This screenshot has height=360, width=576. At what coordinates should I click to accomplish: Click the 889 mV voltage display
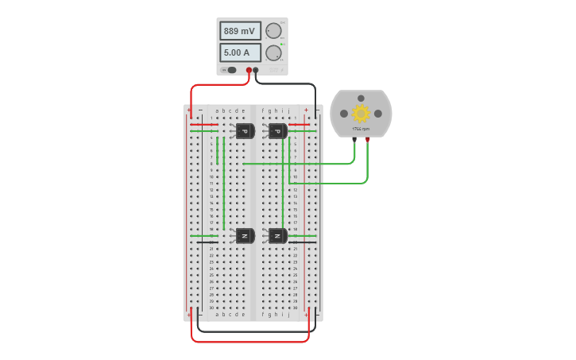tap(239, 31)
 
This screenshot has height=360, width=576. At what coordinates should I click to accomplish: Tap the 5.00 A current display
tap(239, 53)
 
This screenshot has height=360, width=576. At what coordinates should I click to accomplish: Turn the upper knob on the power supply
tap(273, 31)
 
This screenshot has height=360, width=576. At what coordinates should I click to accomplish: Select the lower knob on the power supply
tap(273, 53)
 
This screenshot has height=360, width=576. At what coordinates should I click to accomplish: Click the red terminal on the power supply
tap(249, 71)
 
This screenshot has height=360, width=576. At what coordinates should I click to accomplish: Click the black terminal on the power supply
tap(256, 71)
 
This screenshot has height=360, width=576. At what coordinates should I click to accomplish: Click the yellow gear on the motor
tap(361, 113)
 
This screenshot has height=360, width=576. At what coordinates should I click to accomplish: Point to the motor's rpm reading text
tap(361, 128)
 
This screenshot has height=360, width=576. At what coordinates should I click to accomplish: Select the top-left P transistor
tap(245, 131)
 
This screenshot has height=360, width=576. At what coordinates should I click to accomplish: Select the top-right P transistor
tap(277, 131)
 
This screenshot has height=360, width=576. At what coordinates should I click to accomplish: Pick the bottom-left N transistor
tap(245, 236)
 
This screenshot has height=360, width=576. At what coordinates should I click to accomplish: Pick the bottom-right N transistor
tap(277, 236)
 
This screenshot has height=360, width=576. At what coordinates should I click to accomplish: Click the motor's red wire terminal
tap(368, 140)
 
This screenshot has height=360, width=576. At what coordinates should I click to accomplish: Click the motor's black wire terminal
tap(354, 140)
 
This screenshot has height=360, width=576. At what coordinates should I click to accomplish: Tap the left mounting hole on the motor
tap(344, 114)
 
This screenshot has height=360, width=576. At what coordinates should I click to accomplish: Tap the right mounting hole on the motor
tap(378, 114)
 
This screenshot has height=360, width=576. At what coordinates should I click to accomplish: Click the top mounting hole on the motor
tap(361, 96)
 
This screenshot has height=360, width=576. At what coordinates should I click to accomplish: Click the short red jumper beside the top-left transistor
tap(204, 125)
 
